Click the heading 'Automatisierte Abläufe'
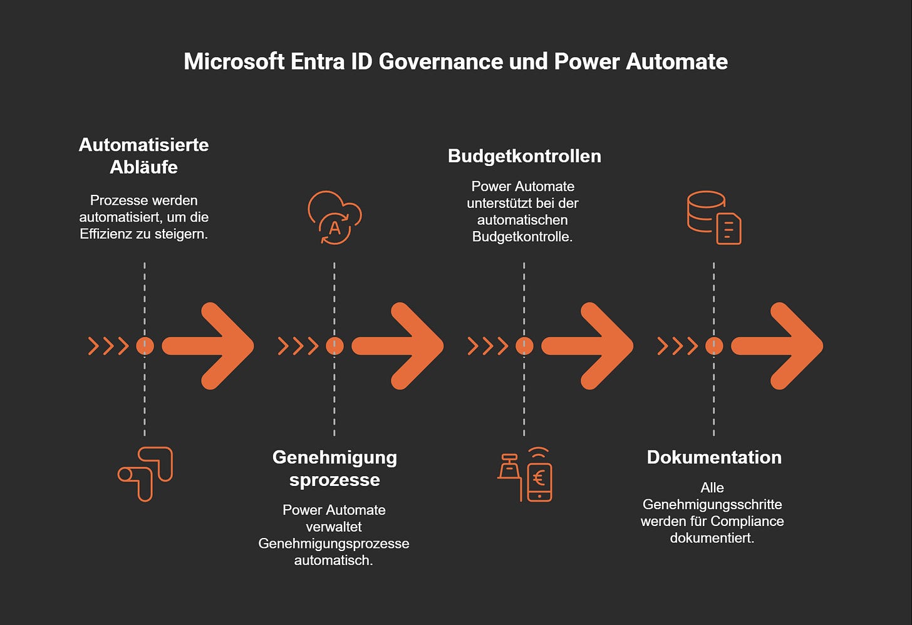[x=143, y=156]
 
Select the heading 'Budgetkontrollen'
[x=524, y=156]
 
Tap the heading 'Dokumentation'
[x=714, y=457]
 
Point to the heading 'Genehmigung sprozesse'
[x=334, y=468]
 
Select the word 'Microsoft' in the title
[x=234, y=61]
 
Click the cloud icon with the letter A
[x=334, y=217]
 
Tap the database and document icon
[x=714, y=217]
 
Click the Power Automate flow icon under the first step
[x=145, y=473]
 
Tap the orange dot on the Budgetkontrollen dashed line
[x=524, y=346]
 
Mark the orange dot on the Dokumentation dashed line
[x=714, y=346]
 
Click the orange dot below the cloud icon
[x=334, y=346]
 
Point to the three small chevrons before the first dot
[x=108, y=346]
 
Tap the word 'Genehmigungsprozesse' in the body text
[x=333, y=544]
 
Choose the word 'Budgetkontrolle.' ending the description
[x=522, y=237]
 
